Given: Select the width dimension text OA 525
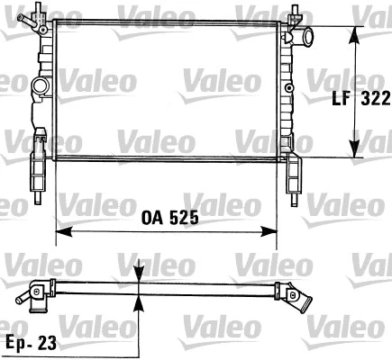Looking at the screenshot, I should click(170, 218).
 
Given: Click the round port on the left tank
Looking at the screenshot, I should click(39, 87).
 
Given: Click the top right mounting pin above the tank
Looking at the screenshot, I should click(294, 13).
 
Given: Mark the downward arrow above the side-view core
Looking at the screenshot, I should click(139, 275).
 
